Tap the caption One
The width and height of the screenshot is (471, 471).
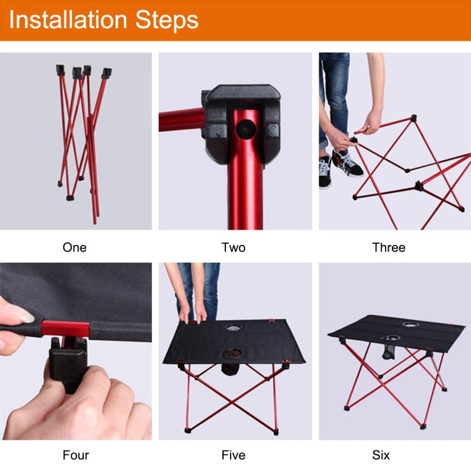[x=75, y=247]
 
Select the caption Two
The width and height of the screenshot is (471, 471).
[x=234, y=247]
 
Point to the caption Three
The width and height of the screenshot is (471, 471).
[x=389, y=247]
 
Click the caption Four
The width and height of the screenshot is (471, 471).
[x=75, y=455]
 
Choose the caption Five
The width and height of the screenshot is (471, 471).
[x=234, y=455]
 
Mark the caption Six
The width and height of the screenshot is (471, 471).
[x=381, y=455]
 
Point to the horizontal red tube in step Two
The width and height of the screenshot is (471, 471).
[x=180, y=119]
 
